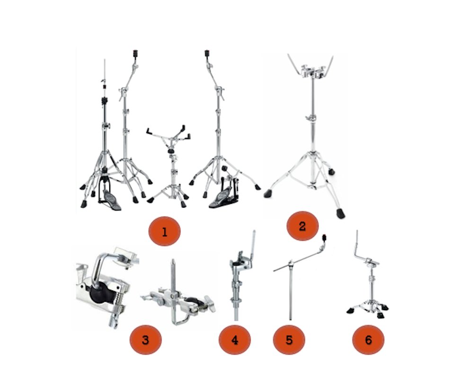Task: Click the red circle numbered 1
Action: (164, 232)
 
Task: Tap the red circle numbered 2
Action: (302, 226)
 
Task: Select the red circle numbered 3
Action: (145, 339)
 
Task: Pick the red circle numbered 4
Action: (235, 339)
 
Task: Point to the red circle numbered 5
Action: (289, 339)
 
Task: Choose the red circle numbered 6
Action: (368, 339)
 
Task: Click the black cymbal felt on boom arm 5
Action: (324, 237)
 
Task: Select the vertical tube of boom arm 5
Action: (290, 293)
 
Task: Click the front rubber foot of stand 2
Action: (340, 212)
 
